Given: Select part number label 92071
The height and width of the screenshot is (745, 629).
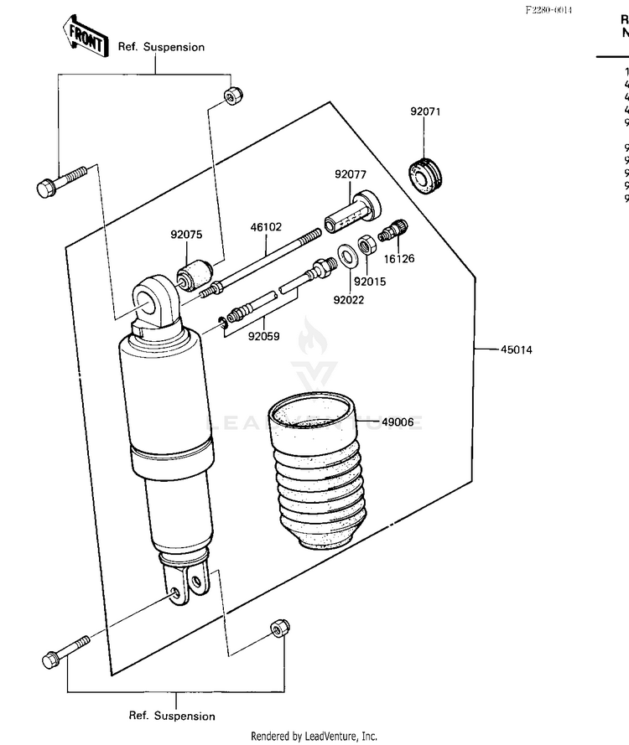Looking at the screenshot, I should coord(425,111).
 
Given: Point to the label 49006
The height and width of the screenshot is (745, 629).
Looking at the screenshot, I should coord(398,422).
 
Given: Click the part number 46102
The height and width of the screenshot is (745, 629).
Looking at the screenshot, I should coord(266,226).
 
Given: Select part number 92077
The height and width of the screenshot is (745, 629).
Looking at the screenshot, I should coord(351,174).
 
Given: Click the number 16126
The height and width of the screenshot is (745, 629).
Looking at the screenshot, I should coord(400,259).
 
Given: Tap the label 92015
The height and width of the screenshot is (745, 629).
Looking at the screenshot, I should coord(369,282).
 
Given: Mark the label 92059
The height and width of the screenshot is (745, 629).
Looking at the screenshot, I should coord(263,337).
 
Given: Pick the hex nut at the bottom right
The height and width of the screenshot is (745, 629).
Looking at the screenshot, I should coord(279,629).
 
